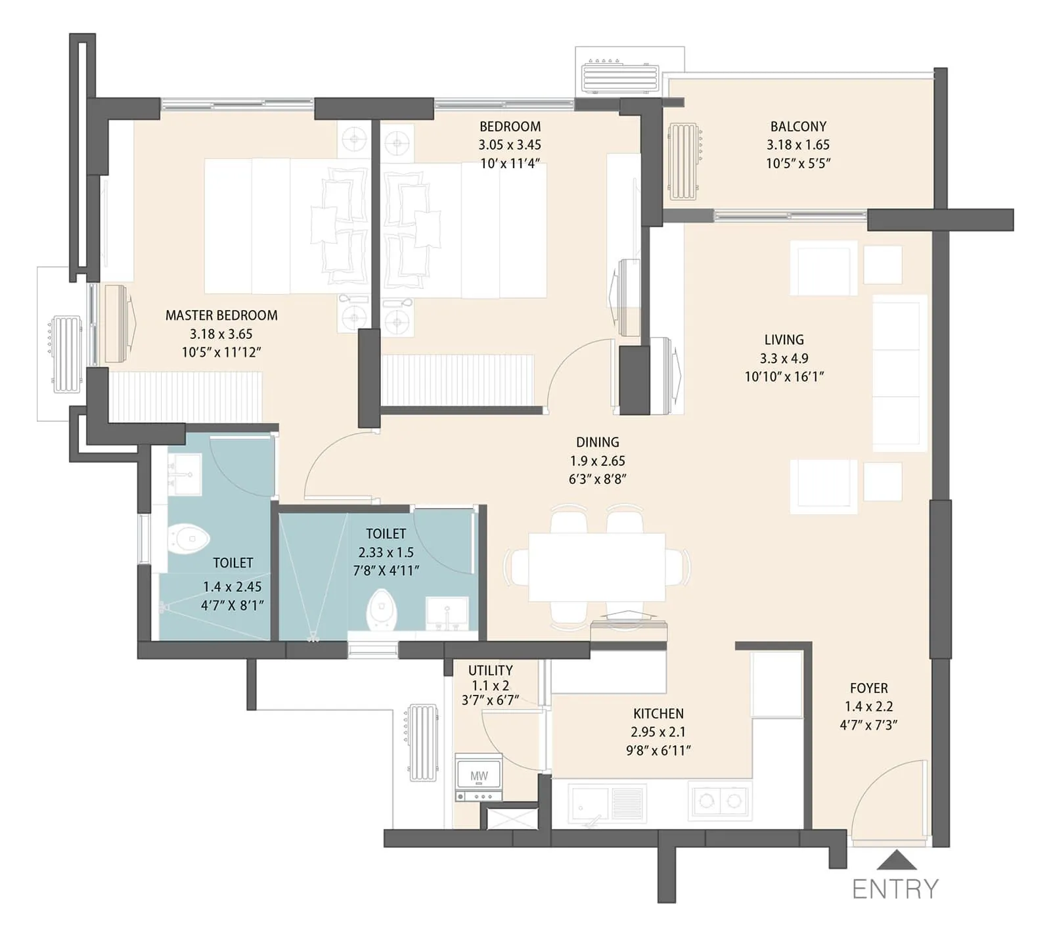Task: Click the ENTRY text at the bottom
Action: [895, 889]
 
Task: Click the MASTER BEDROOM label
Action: [221, 315]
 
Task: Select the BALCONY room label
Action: [798, 126]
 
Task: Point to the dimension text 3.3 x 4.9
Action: [784, 359]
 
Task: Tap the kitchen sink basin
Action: [589, 803]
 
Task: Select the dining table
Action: [596, 566]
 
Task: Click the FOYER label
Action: [868, 688]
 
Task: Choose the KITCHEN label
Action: [658, 713]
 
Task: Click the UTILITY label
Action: [490, 670]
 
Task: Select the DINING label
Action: [597, 442]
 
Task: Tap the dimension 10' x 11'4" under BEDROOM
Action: [510, 164]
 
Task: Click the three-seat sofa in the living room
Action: [898, 372]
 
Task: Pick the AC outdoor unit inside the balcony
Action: [684, 161]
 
